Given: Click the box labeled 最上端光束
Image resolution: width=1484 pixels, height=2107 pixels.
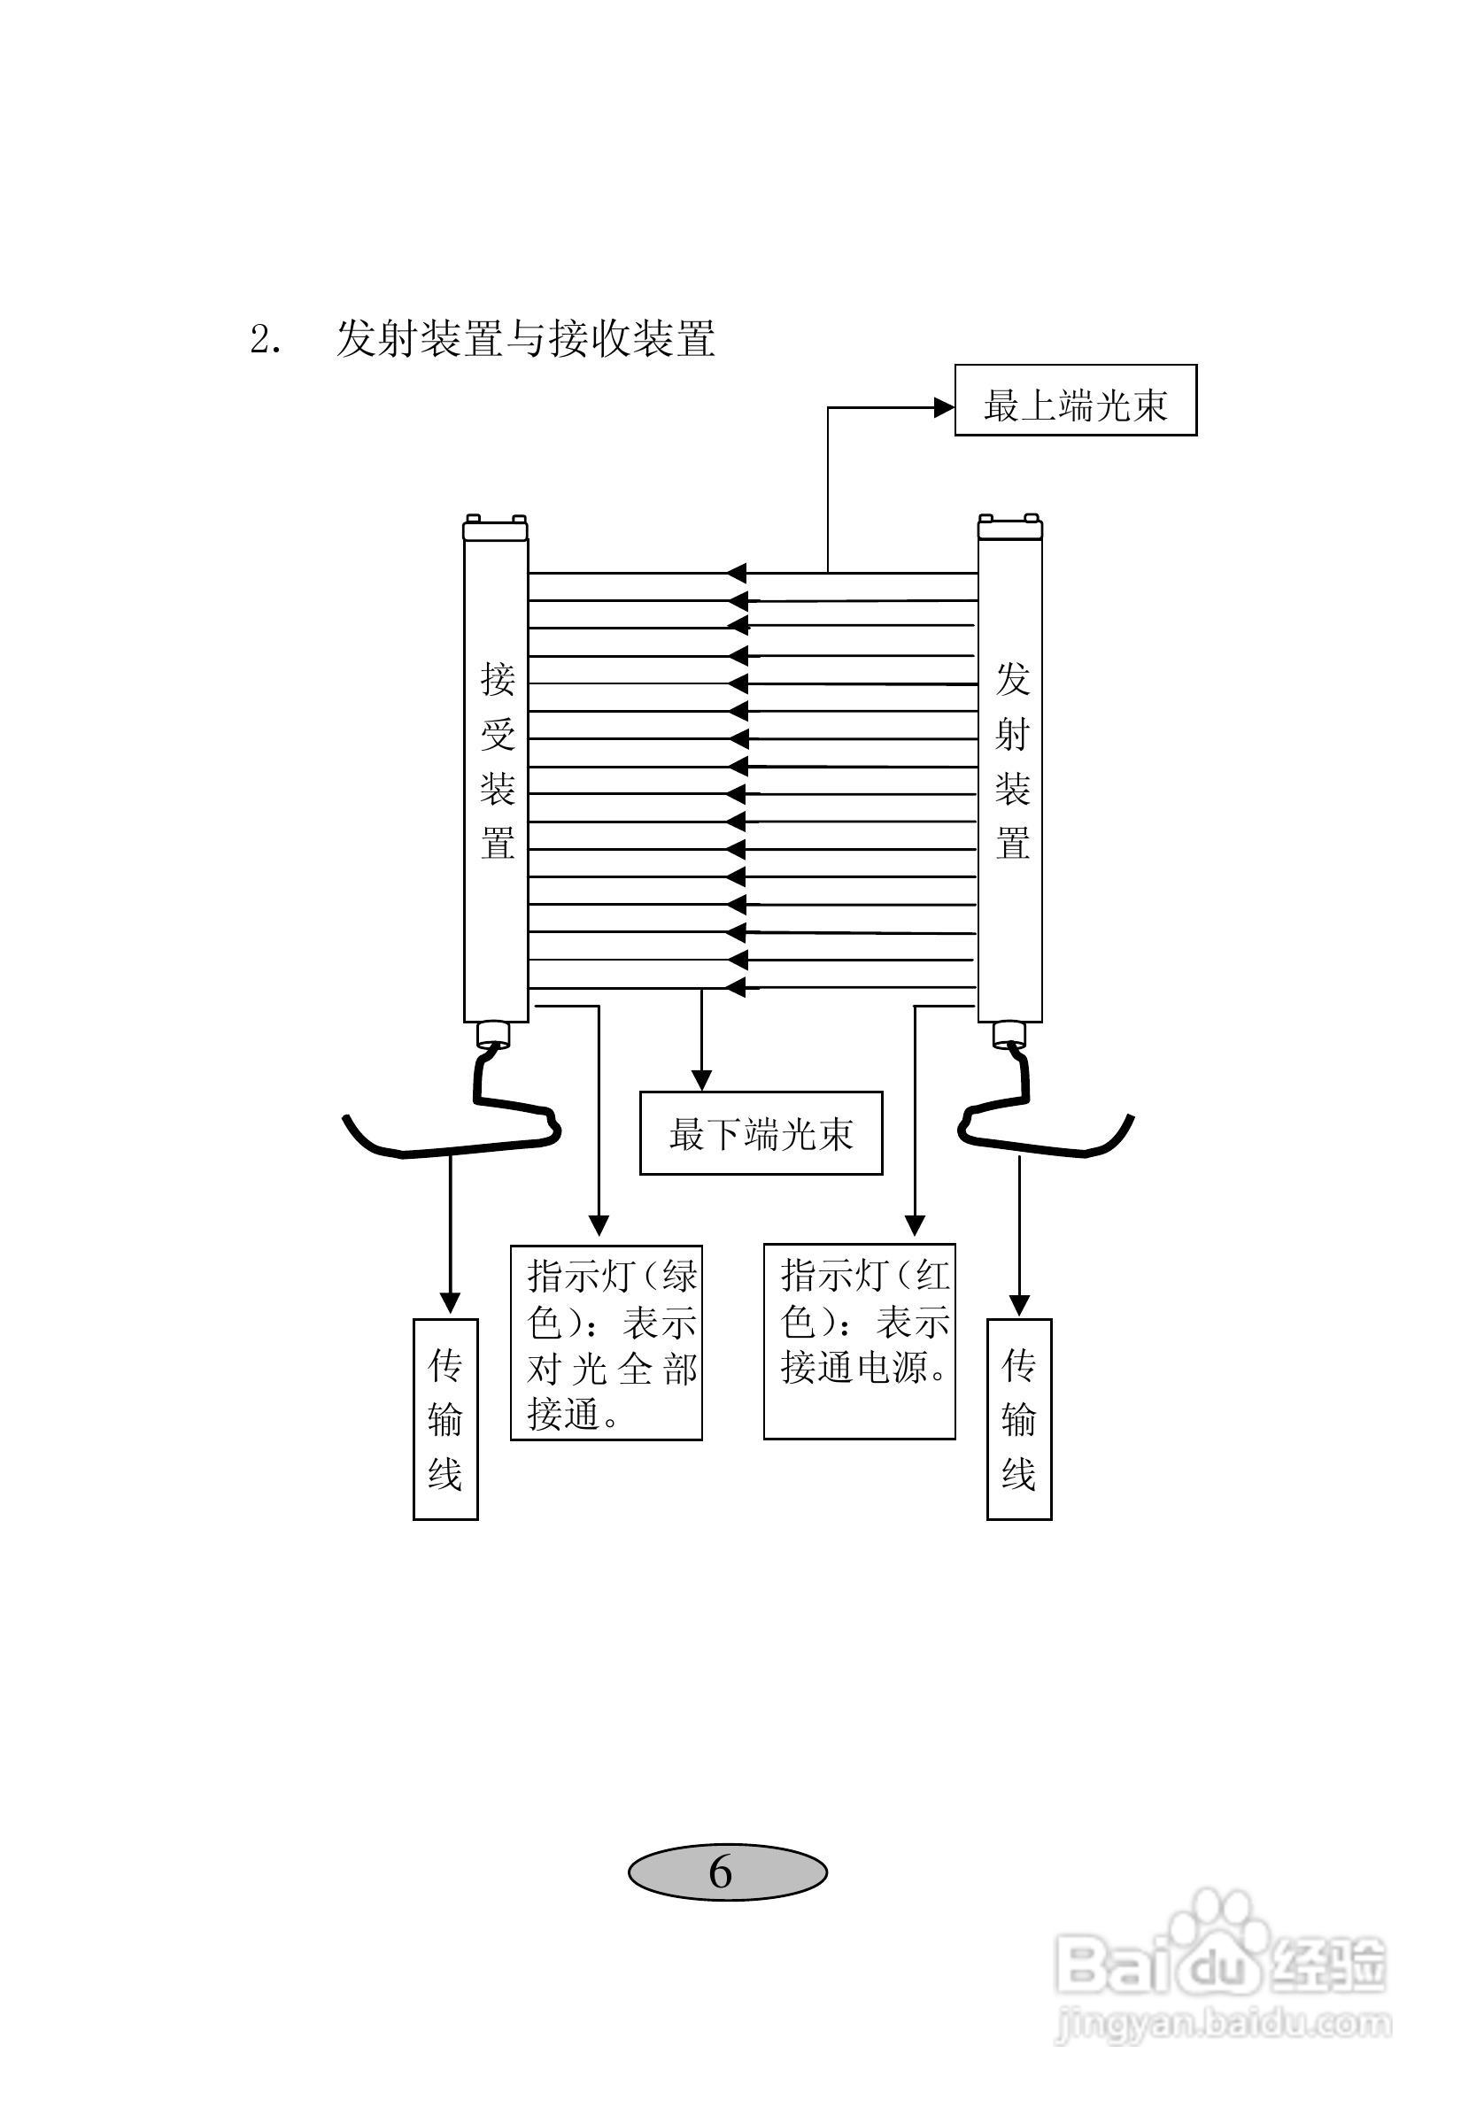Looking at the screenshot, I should click(x=1075, y=400).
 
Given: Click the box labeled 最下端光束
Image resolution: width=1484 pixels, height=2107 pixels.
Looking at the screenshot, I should click(x=760, y=1133).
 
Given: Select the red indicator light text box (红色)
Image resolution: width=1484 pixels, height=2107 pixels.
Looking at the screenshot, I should click(x=859, y=1340).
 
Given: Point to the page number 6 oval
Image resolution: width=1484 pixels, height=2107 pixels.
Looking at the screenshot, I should click(x=727, y=1872).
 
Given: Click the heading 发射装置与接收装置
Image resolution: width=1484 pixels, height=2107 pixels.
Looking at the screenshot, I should click(x=525, y=338).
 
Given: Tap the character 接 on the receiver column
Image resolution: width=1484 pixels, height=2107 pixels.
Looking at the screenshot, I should click(x=498, y=680).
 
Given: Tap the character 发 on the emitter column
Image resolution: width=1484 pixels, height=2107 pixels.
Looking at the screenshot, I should click(x=1012, y=680).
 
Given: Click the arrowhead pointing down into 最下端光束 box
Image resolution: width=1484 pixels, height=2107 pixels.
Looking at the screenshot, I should click(x=701, y=1080).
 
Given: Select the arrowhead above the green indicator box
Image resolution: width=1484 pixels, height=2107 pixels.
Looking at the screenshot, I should click(x=599, y=1226).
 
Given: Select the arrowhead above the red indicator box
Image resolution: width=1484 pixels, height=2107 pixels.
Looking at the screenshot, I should click(x=914, y=1226).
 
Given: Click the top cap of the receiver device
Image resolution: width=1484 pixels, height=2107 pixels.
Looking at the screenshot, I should click(x=495, y=528).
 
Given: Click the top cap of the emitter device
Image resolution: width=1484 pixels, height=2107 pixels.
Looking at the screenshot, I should click(x=1009, y=528).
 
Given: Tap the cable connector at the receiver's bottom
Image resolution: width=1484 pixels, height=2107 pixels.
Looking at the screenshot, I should click(x=493, y=1035).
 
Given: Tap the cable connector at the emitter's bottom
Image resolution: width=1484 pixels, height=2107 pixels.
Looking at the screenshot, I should click(x=1009, y=1035).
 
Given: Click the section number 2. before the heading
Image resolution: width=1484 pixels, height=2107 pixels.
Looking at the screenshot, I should click(x=266, y=341).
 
